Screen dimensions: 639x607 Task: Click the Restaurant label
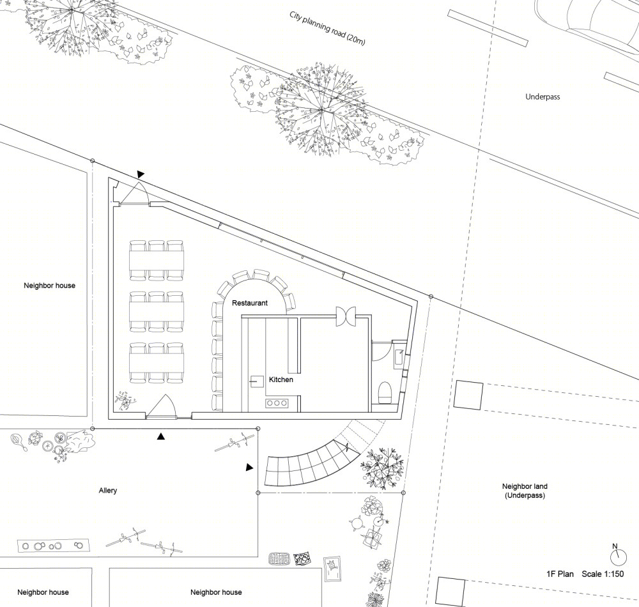[250, 303]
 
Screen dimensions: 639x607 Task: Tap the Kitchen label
[281, 380]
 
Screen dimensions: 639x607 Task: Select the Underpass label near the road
[543, 97]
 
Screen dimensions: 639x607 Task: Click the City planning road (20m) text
[327, 28]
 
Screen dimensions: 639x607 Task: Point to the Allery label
[107, 491]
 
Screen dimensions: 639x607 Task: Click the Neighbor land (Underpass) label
[525, 491]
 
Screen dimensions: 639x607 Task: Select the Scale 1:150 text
[603, 574]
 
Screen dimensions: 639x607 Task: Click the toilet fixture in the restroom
[385, 392]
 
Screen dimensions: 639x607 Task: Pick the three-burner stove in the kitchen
[277, 403]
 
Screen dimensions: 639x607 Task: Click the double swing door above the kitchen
[346, 316]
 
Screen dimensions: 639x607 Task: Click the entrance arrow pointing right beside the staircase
[249, 467]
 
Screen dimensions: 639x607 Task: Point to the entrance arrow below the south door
[161, 436]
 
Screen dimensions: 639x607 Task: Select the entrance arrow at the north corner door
[140, 174]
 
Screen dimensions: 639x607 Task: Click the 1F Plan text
[560, 574]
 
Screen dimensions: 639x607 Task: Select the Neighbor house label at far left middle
[49, 286]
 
